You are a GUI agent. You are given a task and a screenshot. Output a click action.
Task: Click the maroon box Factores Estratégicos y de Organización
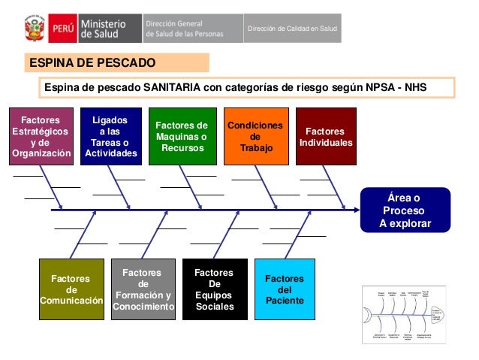pos(41,137)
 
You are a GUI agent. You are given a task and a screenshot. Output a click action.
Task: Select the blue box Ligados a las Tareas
pos(110,137)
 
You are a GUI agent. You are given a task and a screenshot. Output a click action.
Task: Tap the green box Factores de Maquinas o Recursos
pos(180,137)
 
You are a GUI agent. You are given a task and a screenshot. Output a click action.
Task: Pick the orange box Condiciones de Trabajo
pos(255,137)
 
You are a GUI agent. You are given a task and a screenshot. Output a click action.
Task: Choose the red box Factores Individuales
pos(325,137)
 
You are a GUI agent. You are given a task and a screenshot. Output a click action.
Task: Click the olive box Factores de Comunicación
pos(71,289)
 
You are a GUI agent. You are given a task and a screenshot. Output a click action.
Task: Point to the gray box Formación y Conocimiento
pos(143,289)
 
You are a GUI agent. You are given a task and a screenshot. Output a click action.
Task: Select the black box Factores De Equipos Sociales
pos(214,289)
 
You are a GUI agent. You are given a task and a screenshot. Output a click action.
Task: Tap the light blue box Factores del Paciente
pos(285,289)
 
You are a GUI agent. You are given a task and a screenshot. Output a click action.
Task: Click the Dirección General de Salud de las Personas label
pos(191,29)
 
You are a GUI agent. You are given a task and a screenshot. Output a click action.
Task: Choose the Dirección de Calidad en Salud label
pos(293,29)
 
